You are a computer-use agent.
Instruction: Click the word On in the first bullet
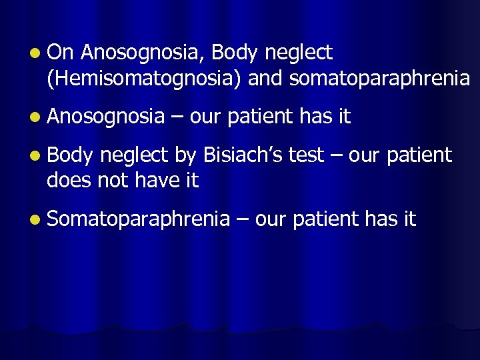pyautogui.click(x=63, y=52)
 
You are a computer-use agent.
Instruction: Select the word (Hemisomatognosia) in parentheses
pyautogui.click(x=145, y=79)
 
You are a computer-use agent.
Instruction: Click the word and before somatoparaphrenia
pyautogui.click(x=267, y=79)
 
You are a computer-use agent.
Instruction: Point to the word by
pyautogui.click(x=185, y=156)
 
